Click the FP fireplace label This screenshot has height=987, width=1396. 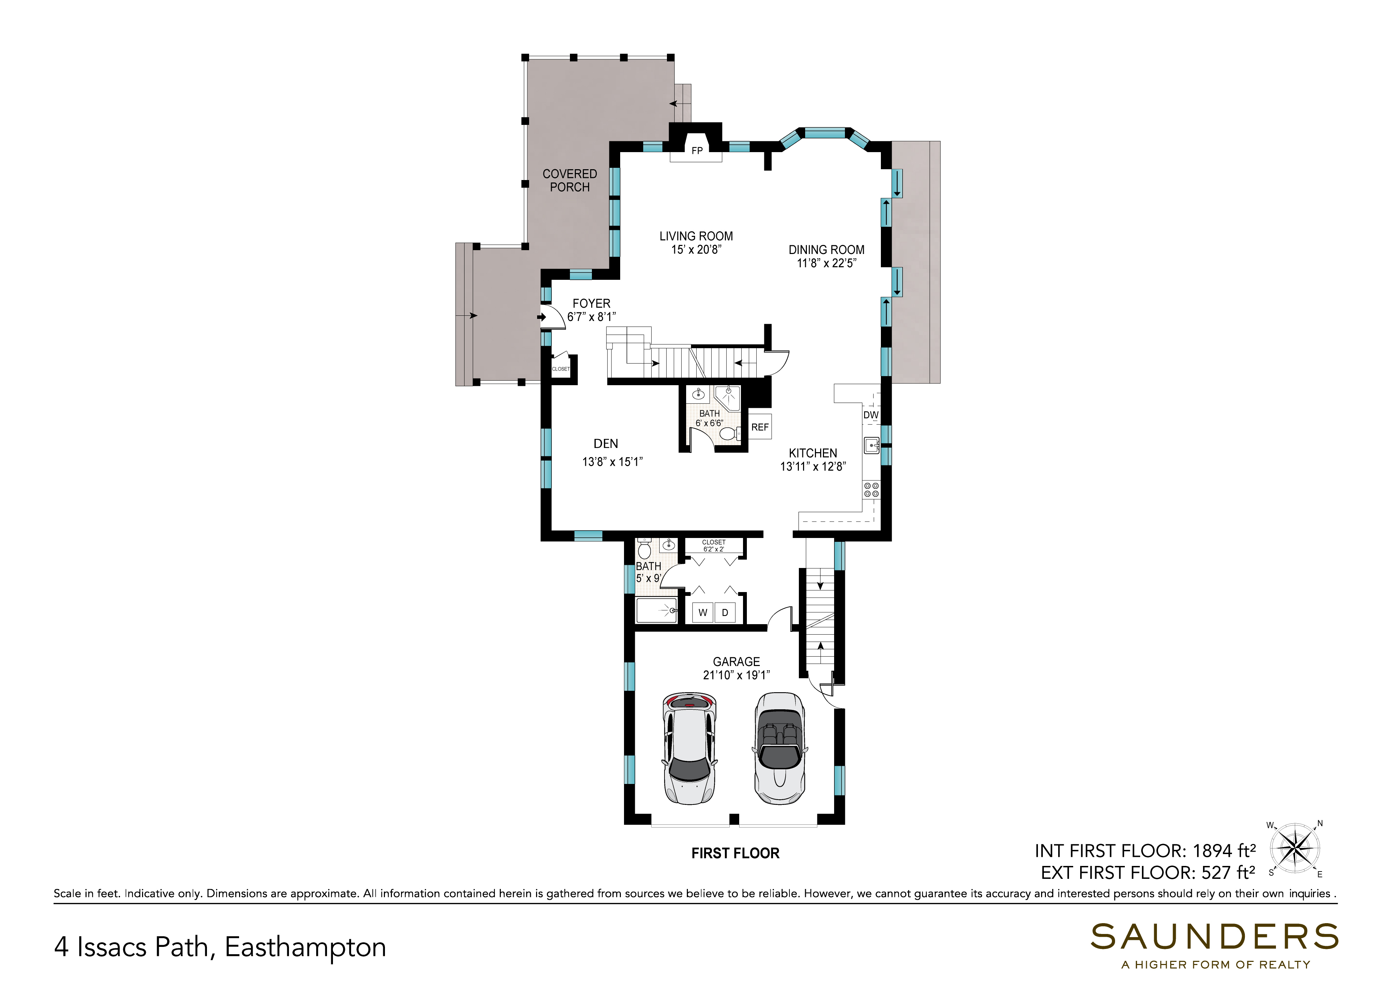coord(697,151)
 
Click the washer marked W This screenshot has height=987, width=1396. coord(703,613)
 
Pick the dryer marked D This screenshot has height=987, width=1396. coord(725,613)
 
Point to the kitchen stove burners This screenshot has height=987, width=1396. coord(871,490)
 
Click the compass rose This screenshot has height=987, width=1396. coord(1296,850)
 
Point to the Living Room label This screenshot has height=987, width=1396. coord(696,236)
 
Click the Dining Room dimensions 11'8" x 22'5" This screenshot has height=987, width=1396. coord(826,263)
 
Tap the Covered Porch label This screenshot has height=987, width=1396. coord(570,180)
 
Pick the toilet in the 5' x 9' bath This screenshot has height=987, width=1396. coord(644,549)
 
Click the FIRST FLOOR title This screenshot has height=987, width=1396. coord(735,853)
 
